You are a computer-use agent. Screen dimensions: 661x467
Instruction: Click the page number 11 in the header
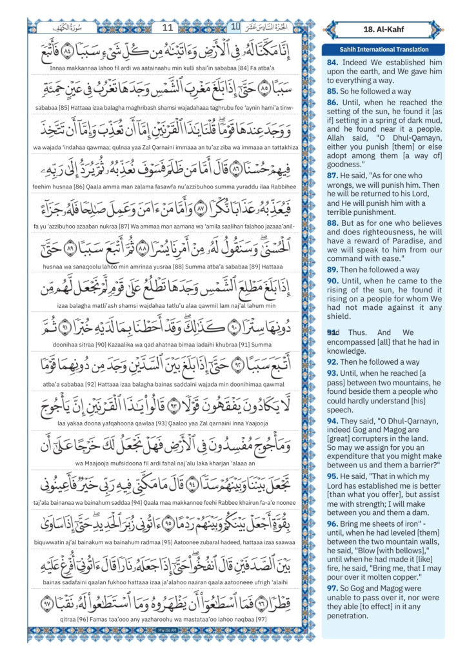pos(168,28)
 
